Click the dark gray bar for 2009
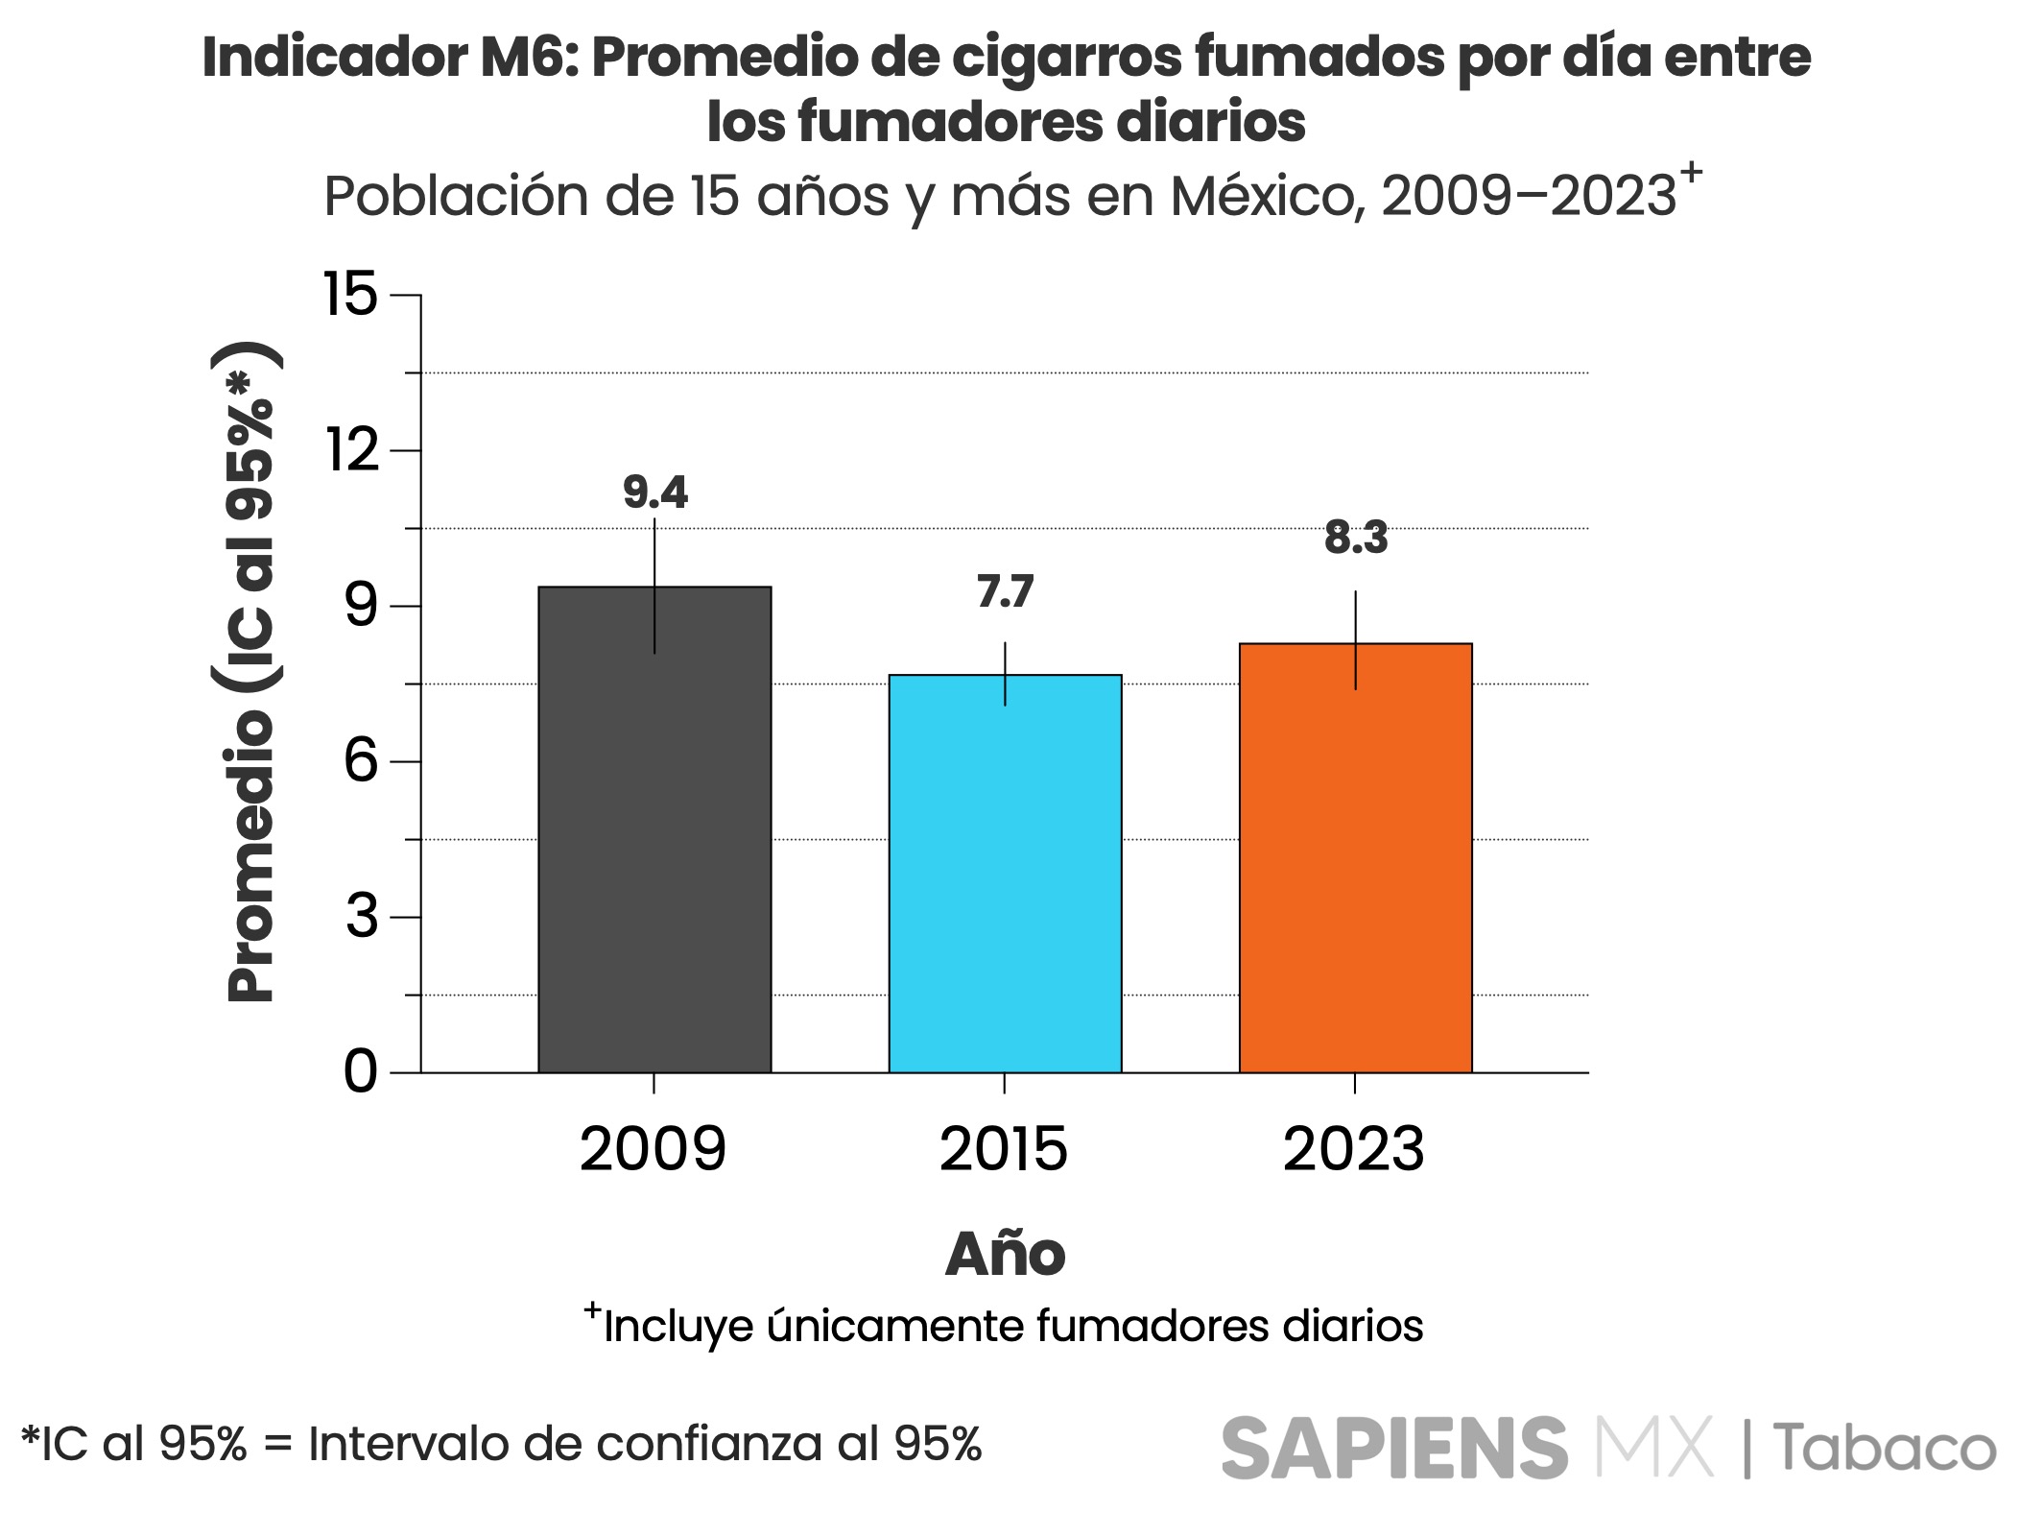654,829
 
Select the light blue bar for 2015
1005,874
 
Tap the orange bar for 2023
1355,857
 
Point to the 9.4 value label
655,492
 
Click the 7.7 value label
1005,592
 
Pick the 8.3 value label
1356,538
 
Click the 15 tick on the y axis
351,294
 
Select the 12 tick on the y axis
352,449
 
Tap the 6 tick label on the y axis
361,761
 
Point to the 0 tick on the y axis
361,1071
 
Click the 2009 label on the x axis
653,1149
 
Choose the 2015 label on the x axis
1003,1149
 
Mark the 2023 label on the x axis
1353,1149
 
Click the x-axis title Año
1005,1254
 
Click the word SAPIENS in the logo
1393,1448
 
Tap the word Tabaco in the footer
1885,1448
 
